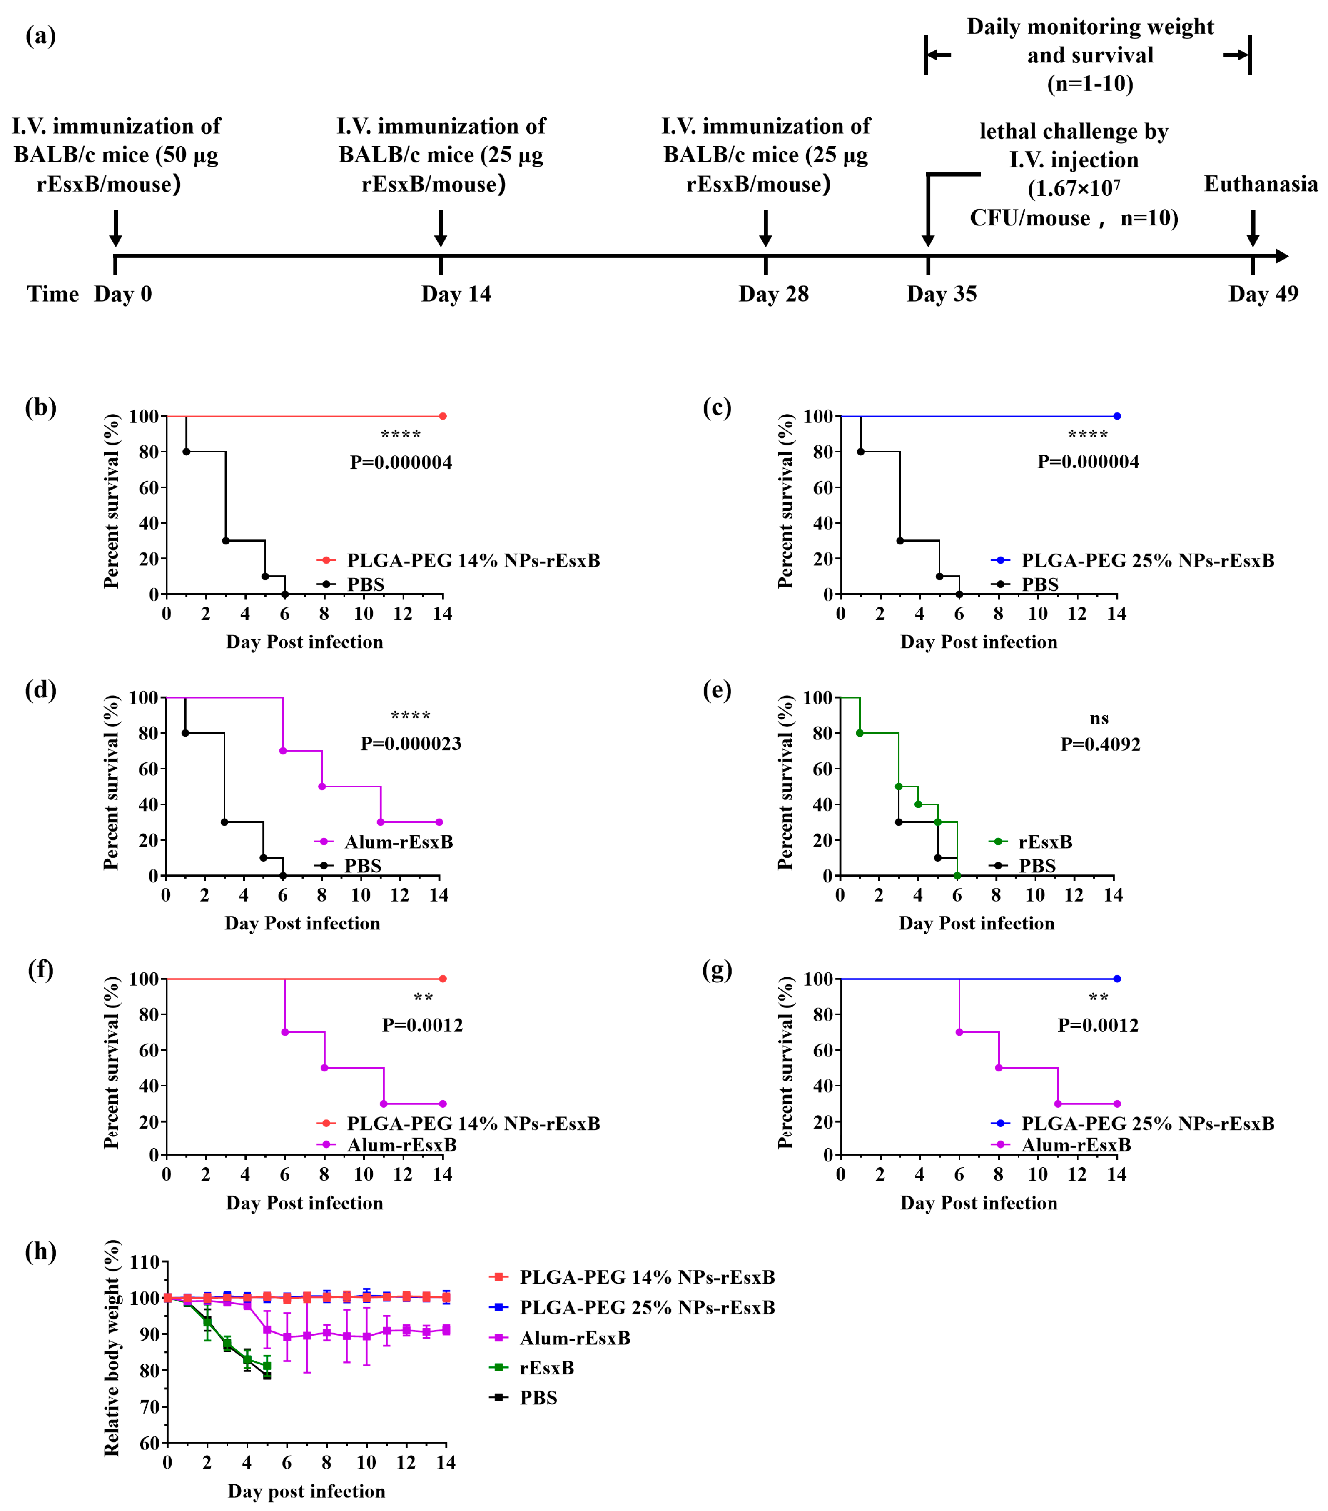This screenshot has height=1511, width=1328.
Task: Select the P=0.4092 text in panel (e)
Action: [1100, 744]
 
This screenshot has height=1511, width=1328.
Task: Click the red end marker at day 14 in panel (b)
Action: [443, 416]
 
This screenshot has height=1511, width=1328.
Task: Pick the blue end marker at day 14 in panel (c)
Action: [1116, 416]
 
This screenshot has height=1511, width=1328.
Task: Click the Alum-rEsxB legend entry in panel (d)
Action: [398, 842]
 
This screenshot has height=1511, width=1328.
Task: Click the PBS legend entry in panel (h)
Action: [537, 1398]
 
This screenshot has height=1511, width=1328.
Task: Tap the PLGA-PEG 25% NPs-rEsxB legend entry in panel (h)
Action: [647, 1308]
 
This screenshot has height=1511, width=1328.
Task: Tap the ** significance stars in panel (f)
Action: [423, 999]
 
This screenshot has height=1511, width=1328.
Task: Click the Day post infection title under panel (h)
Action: [306, 1491]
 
